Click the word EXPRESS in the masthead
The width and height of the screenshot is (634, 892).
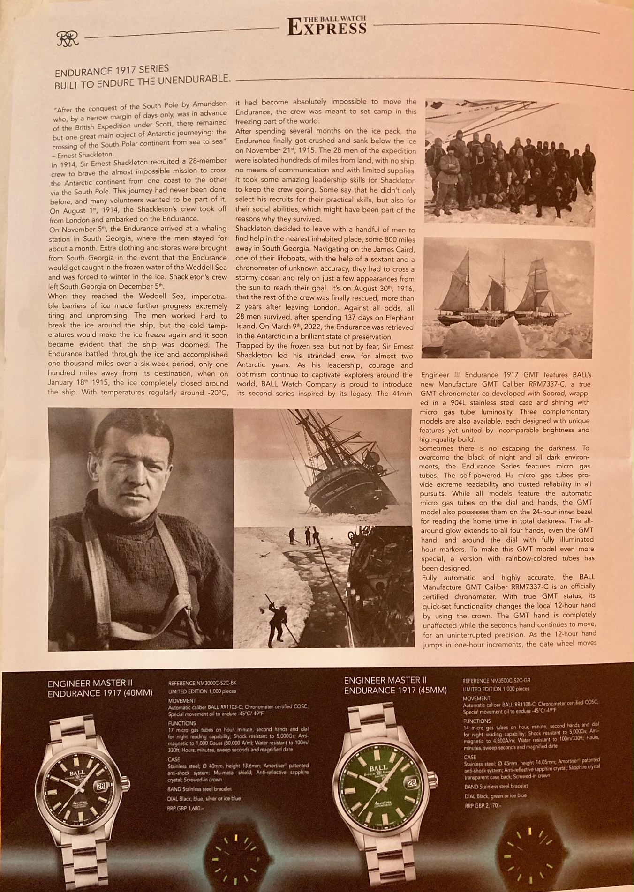(x=327, y=29)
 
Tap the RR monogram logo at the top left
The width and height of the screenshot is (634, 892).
(x=68, y=39)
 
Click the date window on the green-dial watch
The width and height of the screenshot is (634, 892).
(x=411, y=782)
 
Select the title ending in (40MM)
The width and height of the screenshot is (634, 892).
(x=100, y=688)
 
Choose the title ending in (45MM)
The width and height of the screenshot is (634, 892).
(x=395, y=685)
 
